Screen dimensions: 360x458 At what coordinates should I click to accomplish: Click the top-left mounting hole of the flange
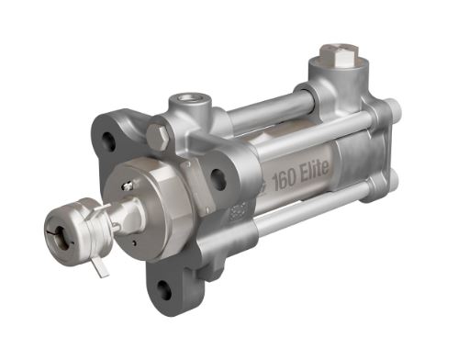[x=109, y=141]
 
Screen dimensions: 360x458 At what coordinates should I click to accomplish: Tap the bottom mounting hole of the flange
[x=163, y=290]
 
